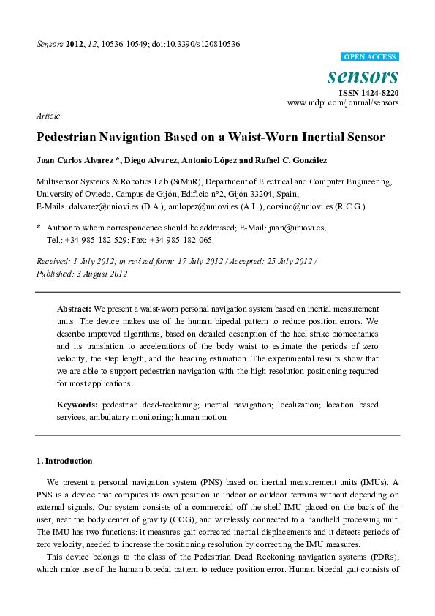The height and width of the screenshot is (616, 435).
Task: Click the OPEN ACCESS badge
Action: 370,57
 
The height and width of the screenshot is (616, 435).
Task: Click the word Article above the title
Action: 48,116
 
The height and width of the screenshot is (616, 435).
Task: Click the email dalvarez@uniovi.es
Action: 95,206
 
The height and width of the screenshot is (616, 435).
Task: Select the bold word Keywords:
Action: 77,405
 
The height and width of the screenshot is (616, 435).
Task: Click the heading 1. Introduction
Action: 64,461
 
